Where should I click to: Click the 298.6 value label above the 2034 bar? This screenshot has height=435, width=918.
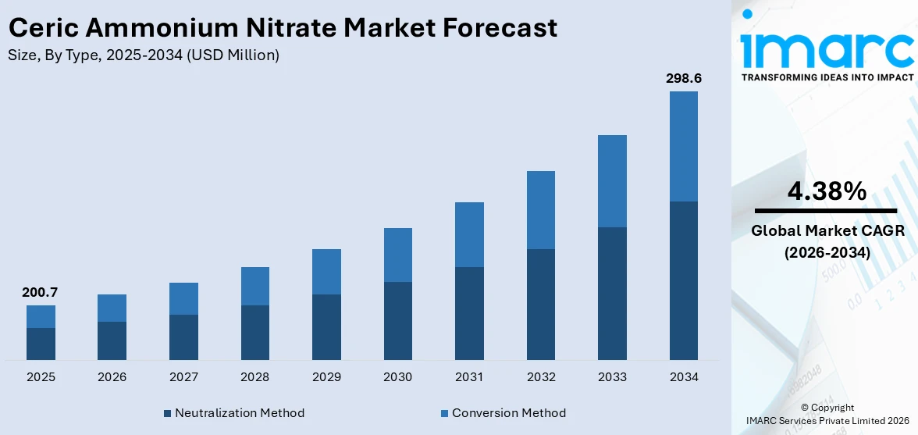(x=683, y=79)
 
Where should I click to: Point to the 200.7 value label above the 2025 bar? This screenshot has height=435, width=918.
(x=41, y=293)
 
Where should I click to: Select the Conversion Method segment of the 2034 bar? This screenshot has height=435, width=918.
(x=683, y=146)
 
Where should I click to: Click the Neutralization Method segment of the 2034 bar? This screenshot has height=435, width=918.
(x=683, y=280)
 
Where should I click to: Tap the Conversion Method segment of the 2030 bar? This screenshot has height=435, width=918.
(x=397, y=255)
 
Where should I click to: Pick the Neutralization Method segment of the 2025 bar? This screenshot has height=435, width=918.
(x=41, y=344)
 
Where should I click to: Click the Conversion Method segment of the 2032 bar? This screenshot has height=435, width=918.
(x=540, y=210)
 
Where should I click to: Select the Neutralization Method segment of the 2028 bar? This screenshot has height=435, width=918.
(x=254, y=332)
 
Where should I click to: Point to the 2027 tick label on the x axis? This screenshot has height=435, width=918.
(x=183, y=377)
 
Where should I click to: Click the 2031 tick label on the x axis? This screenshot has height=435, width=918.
(x=469, y=377)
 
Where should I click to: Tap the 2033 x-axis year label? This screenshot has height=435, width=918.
(x=612, y=377)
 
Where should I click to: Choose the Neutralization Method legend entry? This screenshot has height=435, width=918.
(x=234, y=412)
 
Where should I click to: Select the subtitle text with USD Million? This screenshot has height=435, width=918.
(x=144, y=55)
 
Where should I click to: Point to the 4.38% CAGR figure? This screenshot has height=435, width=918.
(x=826, y=191)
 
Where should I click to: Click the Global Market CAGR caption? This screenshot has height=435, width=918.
(x=826, y=230)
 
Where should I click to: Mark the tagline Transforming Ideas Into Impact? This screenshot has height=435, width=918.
(x=826, y=77)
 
